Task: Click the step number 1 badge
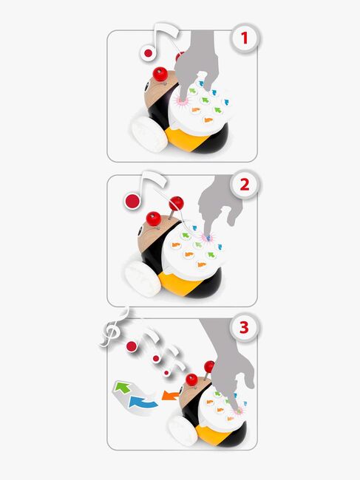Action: pyautogui.click(x=244, y=38)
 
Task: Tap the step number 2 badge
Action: pyautogui.click(x=244, y=185)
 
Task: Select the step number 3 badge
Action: pyautogui.click(x=244, y=328)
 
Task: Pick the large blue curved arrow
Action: pyautogui.click(x=143, y=402)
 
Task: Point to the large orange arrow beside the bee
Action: pyautogui.click(x=170, y=395)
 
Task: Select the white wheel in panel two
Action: pyautogui.click(x=143, y=278)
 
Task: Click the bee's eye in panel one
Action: pyautogui.click(x=147, y=87)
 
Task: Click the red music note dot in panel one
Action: pyautogui.click(x=149, y=53)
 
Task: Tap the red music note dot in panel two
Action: pyautogui.click(x=132, y=201)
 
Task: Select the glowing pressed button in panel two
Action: pyautogui.click(x=208, y=237)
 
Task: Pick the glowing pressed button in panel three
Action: pyautogui.click(x=238, y=411)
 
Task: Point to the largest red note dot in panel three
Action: pyautogui.click(x=132, y=346)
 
